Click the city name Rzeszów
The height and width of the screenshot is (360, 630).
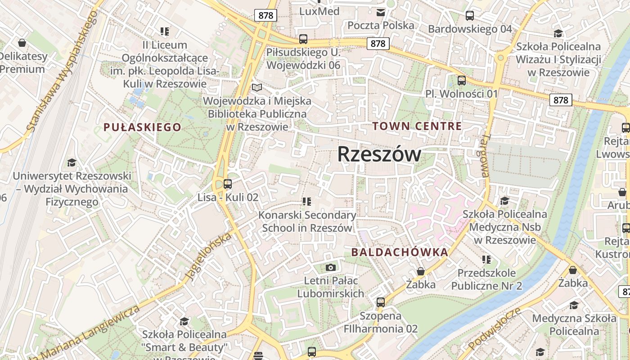[x=379, y=154]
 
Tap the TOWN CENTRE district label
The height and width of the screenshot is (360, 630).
[x=417, y=126]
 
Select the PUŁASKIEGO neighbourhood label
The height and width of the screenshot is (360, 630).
[x=142, y=127]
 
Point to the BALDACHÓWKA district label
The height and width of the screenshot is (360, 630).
[x=400, y=252]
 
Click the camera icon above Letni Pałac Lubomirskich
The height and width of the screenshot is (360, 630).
[x=331, y=268]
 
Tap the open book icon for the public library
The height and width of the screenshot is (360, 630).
[x=257, y=87]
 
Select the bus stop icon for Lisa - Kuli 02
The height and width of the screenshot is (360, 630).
[x=228, y=184]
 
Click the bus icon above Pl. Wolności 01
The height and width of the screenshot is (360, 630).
[x=462, y=81]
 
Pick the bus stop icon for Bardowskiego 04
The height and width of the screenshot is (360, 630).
[x=470, y=16]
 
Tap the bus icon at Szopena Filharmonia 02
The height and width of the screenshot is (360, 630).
[x=381, y=302]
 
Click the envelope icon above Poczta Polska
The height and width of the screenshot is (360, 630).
[x=381, y=12]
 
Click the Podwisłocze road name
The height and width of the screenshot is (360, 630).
[x=495, y=328]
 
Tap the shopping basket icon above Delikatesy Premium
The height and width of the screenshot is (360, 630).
[x=22, y=43]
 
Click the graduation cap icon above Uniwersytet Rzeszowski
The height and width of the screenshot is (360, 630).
[x=72, y=162]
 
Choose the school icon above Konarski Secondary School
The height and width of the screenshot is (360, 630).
[x=307, y=201]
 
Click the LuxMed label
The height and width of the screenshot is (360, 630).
[x=319, y=11]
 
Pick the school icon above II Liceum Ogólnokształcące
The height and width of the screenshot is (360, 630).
[x=164, y=31]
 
